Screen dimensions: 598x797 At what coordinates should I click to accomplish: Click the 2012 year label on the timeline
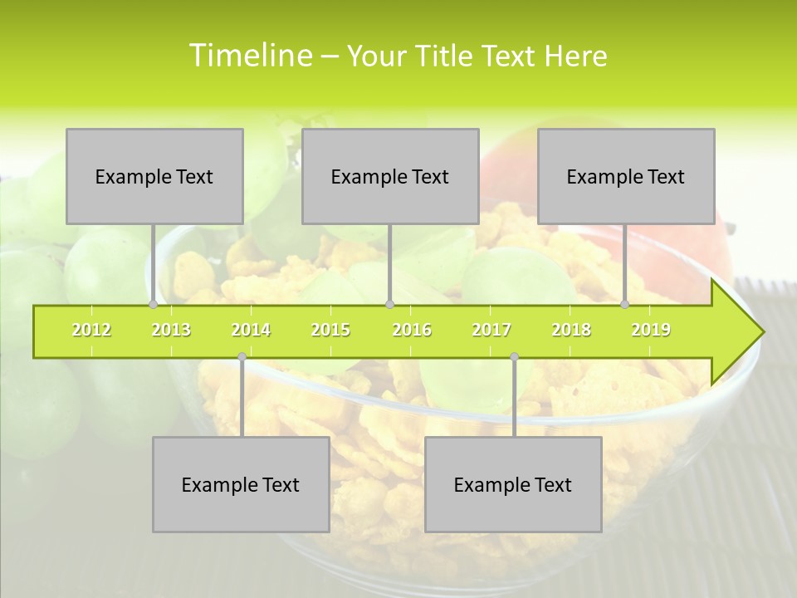coord(91,331)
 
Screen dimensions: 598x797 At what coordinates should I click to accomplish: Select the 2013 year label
coord(171,331)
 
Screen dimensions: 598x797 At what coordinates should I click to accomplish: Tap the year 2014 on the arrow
coord(251,331)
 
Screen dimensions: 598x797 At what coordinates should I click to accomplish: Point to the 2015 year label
coord(330,331)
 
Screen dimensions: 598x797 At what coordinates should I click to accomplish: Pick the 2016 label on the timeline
coord(412,331)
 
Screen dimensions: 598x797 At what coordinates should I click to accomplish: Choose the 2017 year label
coord(491,331)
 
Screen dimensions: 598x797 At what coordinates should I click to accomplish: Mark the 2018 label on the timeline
coord(571,331)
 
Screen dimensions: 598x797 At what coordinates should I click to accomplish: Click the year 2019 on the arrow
coord(651,331)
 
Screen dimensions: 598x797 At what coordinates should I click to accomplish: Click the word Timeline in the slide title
coord(249,56)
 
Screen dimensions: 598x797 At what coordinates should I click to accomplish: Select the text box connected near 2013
coord(154,177)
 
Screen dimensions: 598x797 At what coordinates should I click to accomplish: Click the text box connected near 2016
coord(390,177)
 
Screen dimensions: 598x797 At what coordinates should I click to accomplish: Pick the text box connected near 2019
coord(626,177)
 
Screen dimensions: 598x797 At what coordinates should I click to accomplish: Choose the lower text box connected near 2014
coord(241,485)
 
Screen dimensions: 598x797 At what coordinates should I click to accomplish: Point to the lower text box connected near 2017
coord(513,485)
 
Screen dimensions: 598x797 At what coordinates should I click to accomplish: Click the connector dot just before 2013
coord(153,305)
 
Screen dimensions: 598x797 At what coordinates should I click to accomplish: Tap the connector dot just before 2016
coord(389,305)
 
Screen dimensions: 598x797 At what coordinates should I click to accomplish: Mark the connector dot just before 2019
coord(625,305)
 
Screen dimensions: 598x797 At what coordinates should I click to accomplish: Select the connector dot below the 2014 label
coord(242,357)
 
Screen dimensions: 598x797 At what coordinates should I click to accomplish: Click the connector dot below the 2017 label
coord(514,357)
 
